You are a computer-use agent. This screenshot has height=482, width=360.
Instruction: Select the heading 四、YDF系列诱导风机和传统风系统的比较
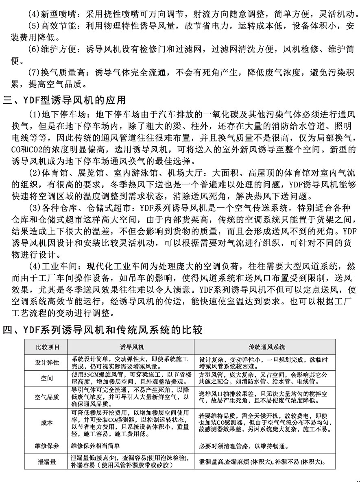click(103, 330)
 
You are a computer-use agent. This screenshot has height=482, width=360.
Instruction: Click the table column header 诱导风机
click(131, 347)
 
